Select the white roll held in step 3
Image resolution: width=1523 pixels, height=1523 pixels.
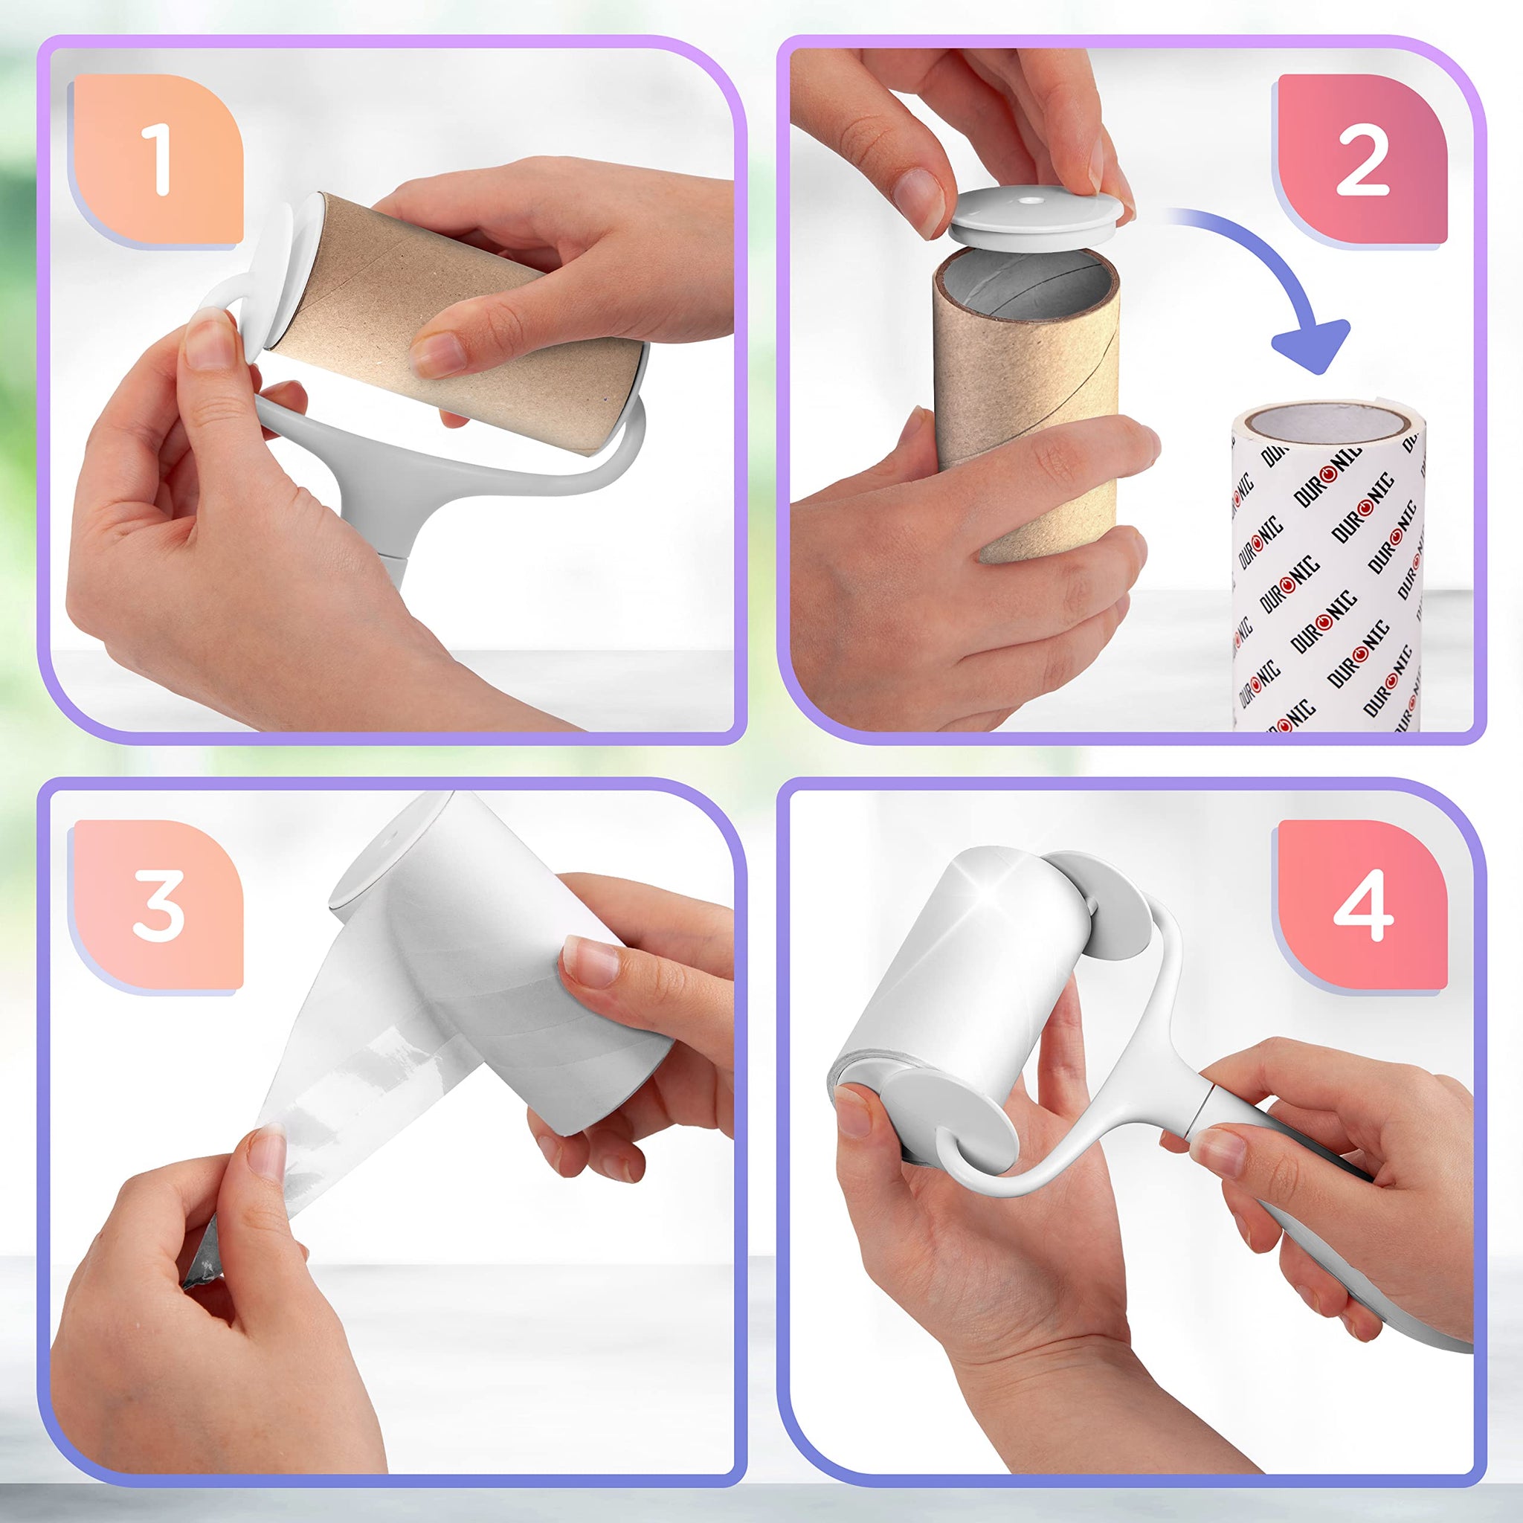pos(504,970)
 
